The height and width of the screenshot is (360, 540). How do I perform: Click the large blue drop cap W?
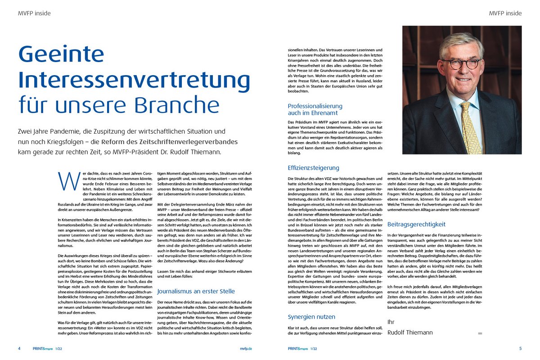[66, 180]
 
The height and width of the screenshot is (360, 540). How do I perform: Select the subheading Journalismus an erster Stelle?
[196, 291]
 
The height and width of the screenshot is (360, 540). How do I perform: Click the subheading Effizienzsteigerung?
[314, 168]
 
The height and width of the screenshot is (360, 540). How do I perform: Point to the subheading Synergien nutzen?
[311, 317]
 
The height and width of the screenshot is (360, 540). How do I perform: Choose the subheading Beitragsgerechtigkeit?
[416, 224]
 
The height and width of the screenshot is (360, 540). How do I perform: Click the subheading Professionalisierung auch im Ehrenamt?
[315, 109]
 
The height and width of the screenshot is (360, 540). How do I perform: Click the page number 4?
[19, 349]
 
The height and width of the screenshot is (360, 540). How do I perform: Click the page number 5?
[520, 349]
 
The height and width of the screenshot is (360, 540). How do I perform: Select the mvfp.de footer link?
[246, 349]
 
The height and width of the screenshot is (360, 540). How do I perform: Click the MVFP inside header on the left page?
[34, 13]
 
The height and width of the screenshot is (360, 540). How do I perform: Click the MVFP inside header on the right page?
[505, 13]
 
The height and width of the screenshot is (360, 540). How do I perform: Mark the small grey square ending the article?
[480, 333]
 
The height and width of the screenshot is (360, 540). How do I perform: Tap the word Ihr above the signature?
[391, 322]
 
